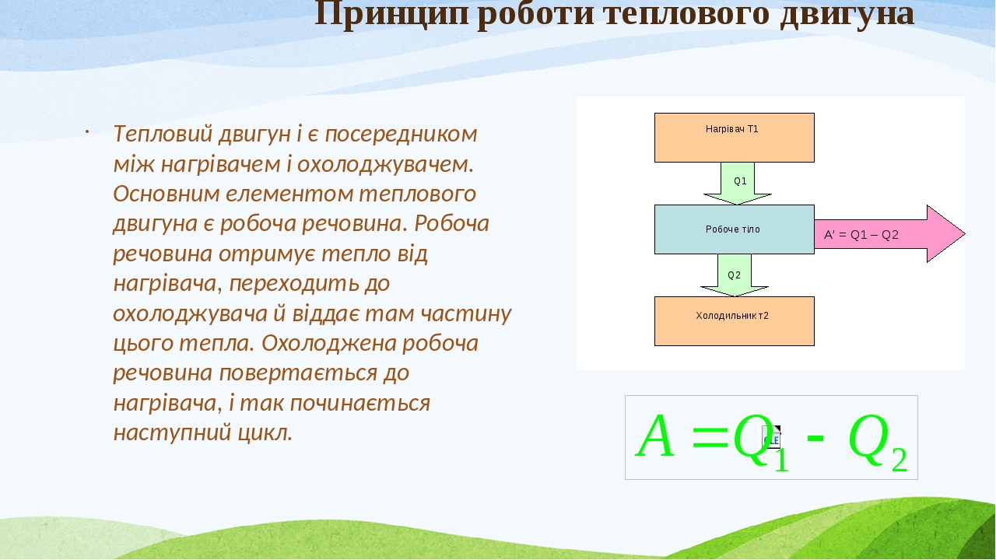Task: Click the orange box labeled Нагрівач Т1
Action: click(734, 138)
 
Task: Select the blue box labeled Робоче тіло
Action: click(734, 229)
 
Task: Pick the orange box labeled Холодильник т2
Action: click(734, 321)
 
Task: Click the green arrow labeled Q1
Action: click(738, 184)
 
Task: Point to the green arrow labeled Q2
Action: click(734, 276)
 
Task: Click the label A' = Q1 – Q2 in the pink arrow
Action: click(861, 235)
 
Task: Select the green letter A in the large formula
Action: click(655, 437)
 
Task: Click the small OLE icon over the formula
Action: click(771, 437)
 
